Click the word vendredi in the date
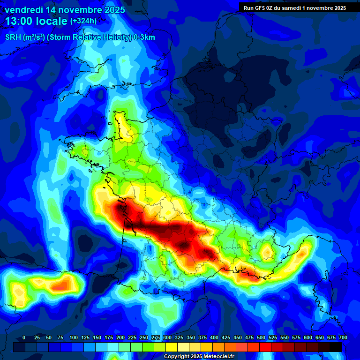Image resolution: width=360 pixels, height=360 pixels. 22,10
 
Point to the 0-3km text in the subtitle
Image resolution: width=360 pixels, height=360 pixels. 145,37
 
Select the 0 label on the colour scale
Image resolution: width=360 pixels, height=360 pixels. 24,338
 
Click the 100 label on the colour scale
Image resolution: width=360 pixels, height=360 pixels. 74,338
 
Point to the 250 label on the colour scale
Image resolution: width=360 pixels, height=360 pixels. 144,338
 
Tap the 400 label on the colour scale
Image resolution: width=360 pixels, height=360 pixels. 214,338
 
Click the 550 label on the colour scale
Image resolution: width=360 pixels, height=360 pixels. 285,338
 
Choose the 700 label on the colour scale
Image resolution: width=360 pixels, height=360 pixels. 343,338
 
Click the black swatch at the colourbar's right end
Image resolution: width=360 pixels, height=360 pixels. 336,347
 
